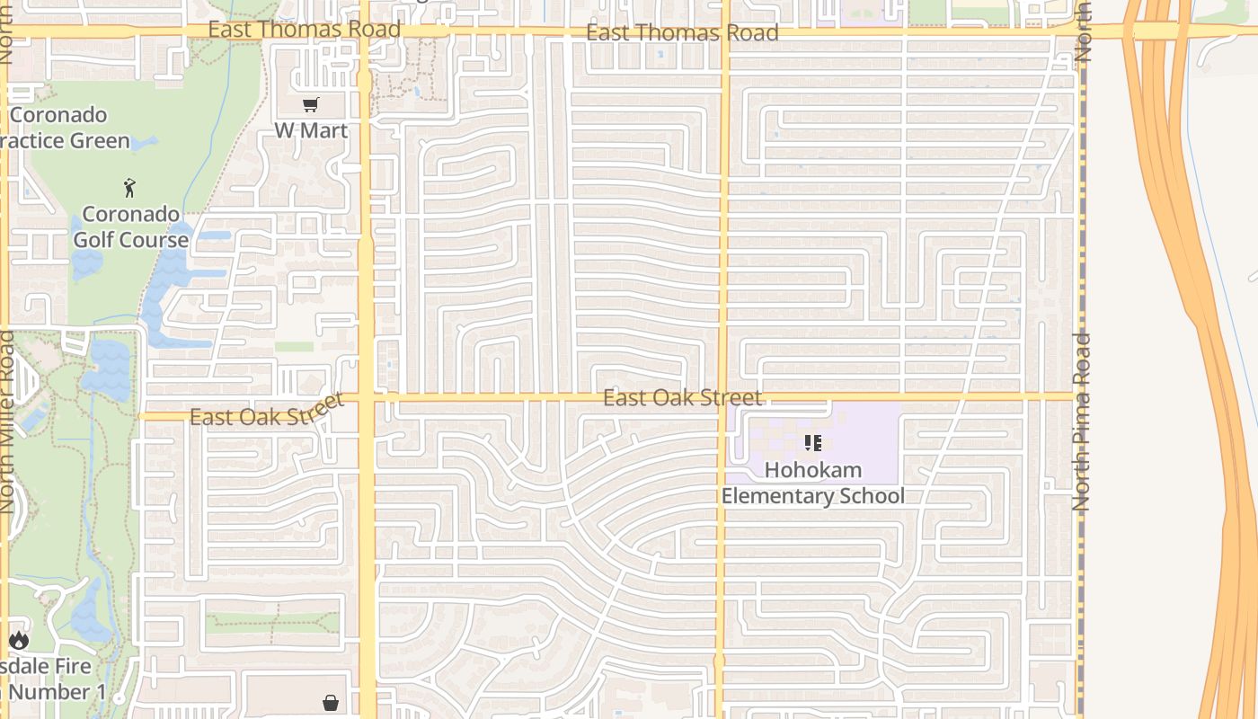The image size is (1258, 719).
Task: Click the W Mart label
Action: point(310,130)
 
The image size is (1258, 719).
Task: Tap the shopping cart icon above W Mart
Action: point(310,105)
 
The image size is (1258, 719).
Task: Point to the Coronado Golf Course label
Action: point(130,227)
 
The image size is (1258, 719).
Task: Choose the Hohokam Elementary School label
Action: point(813,483)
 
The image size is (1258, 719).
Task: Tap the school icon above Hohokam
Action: point(813,443)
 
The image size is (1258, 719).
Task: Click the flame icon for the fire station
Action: point(19,640)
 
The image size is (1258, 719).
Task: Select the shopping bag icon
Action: point(331,702)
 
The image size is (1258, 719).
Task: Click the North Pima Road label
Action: point(1082,422)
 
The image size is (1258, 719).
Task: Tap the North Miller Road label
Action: point(8,422)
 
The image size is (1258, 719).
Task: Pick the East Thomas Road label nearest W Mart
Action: point(304,30)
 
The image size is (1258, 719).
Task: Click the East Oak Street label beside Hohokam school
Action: point(682,397)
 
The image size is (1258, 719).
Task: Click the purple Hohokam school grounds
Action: point(863,431)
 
